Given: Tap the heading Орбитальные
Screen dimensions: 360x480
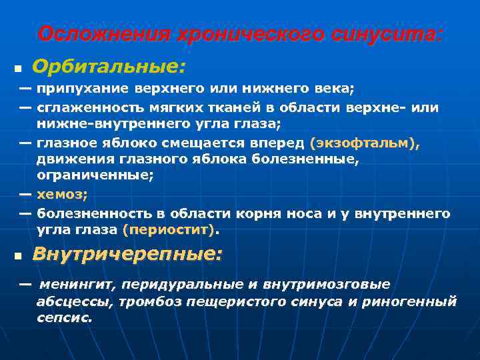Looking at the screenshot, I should click(x=109, y=67).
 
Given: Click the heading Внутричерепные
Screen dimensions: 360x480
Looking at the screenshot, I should click(x=127, y=255).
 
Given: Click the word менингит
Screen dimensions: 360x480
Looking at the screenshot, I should click(x=77, y=285).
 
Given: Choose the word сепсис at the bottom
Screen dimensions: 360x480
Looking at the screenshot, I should click(x=64, y=318).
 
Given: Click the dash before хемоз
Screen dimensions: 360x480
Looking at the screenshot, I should click(x=25, y=194).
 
